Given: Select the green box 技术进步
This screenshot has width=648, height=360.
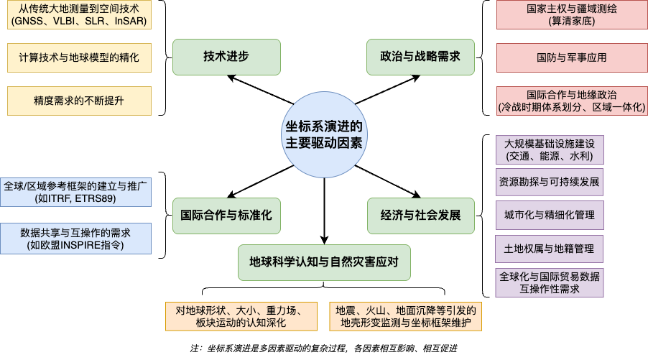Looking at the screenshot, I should pos(216,56).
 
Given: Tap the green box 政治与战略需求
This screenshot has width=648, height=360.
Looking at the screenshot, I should pos(420,56).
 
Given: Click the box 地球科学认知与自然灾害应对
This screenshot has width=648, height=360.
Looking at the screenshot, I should pos(324,262).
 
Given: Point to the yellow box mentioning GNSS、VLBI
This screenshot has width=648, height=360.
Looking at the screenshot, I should pos(79,15).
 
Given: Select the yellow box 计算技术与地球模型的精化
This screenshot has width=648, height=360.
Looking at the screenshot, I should pos(79,57).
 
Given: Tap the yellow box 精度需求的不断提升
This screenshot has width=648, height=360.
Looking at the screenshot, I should pos(79,101).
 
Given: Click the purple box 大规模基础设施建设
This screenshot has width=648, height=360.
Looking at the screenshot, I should pos(550,149).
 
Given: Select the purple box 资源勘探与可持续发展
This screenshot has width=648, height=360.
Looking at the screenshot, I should pos(550,181).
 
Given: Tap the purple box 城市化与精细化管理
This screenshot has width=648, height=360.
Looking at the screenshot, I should pos(550,215).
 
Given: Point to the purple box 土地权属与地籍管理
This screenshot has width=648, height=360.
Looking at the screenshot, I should pos(550,249).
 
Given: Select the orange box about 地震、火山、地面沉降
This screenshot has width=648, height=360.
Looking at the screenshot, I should pos(407,317).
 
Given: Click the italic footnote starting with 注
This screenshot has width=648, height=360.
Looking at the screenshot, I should pos(324,348).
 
